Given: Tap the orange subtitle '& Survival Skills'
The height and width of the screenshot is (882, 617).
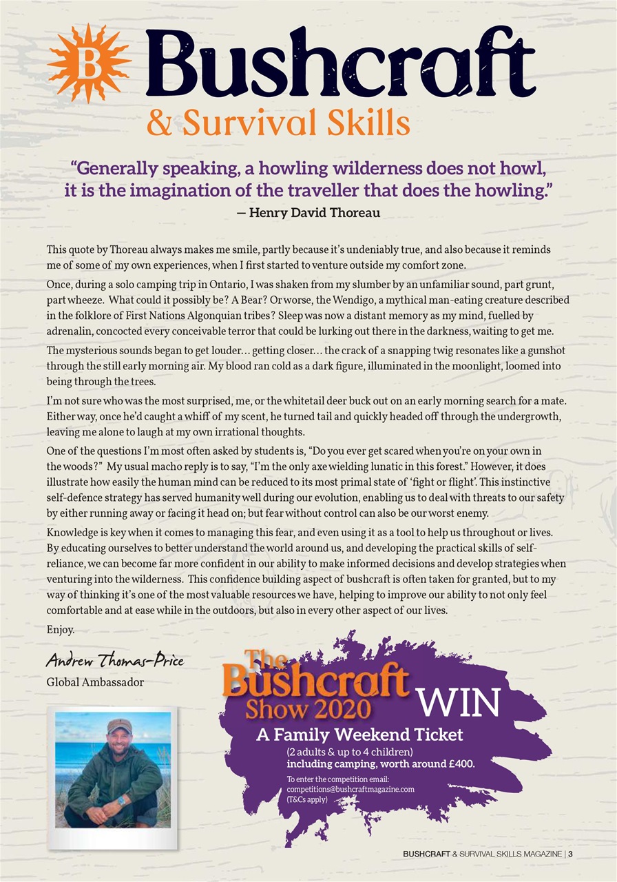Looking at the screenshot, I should pos(278,124).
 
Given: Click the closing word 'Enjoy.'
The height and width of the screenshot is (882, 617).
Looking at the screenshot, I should pos(60,630).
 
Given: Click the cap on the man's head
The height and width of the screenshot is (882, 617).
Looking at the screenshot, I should pos(119,726).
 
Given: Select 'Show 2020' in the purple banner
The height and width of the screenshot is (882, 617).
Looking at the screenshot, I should pos(308,709).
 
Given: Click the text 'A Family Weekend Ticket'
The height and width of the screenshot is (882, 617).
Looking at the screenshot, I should pos(359,735).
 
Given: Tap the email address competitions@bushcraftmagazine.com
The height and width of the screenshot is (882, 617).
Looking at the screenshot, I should pos(350,790).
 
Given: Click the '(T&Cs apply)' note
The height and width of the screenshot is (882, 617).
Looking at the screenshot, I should pos(308,800).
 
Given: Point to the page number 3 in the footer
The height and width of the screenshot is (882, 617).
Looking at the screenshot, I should pos(572,855).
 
